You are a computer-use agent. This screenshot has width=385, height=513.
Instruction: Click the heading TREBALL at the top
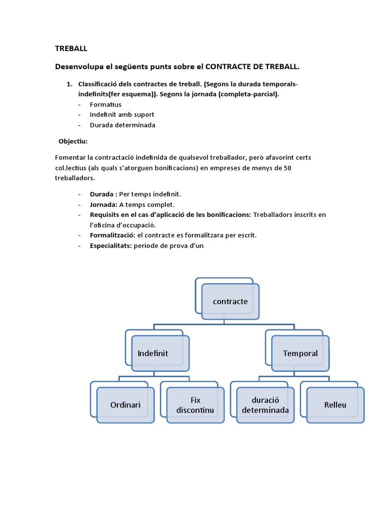pos(71,49)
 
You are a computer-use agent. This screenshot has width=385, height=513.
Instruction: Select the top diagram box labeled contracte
pos(230,302)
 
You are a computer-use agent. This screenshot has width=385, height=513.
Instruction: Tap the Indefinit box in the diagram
pos(160,354)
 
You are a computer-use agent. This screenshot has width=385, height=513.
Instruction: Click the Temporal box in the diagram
pos(300,354)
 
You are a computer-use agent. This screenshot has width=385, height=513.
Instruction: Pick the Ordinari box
pos(125,405)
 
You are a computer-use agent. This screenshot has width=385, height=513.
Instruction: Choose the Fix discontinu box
pos(195,405)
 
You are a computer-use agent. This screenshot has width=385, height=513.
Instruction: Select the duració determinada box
pos(265,405)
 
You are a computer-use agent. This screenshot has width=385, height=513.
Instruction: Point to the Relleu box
pos(335,405)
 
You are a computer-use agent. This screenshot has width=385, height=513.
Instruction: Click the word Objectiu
pos(73,141)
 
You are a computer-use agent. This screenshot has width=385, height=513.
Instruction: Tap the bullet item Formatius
pos(105,105)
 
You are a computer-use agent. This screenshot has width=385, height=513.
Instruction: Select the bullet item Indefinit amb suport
pos(122,115)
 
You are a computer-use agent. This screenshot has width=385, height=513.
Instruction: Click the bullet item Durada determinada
pos(122,125)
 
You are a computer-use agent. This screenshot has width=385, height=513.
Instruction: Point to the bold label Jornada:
pos(103,204)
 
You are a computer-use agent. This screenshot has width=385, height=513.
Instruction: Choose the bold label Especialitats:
pos(111,245)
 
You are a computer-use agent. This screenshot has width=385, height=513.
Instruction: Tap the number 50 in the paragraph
pos(287,167)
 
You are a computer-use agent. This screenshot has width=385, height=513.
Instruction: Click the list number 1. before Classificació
pos(70,84)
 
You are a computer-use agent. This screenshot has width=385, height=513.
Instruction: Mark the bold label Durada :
pos(103,194)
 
